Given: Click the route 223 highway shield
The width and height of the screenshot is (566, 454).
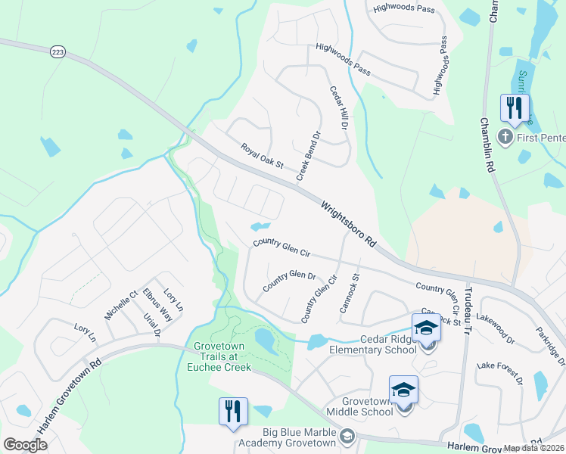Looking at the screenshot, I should [x=58, y=51].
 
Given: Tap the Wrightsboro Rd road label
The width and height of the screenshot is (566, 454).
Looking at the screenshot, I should [x=348, y=225].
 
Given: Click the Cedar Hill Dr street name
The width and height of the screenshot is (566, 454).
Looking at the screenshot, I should [x=337, y=107].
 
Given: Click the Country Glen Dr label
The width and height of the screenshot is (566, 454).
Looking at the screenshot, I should [x=288, y=281].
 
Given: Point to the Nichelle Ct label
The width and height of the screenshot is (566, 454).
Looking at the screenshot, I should [x=121, y=306].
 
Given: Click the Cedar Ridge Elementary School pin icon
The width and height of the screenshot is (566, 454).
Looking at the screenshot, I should [x=426, y=329].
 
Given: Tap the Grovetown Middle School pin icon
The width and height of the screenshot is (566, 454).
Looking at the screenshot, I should [x=403, y=391].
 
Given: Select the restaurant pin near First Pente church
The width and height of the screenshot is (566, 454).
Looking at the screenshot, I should [x=515, y=107].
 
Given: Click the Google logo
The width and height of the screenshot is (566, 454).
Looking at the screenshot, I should [x=26, y=445].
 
